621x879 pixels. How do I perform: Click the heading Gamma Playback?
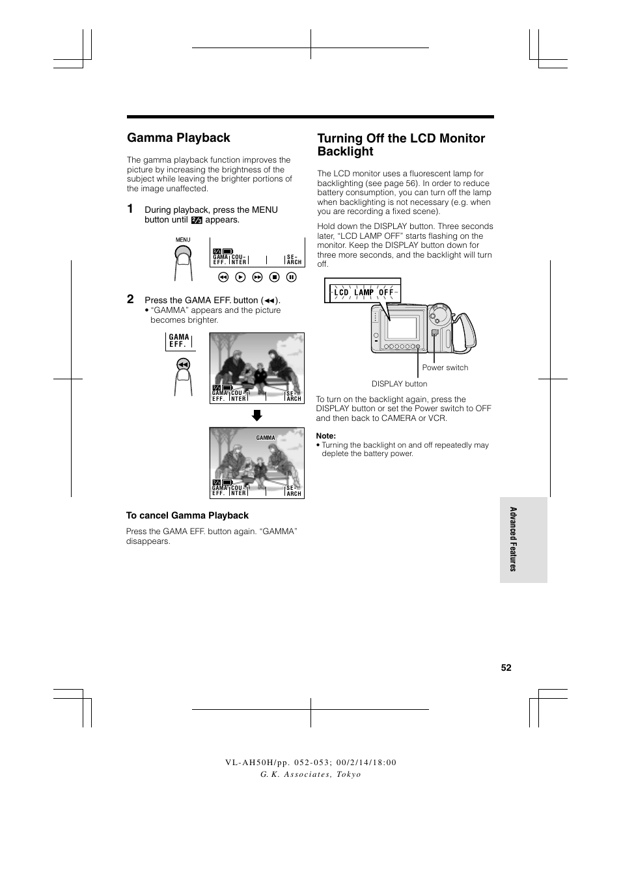[x=178, y=138]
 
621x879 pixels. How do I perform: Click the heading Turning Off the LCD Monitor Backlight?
[x=400, y=144]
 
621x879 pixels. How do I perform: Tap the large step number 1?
[x=130, y=209]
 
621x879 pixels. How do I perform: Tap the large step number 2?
[x=130, y=299]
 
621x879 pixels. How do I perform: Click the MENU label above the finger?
[x=183, y=240]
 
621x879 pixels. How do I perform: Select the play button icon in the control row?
[x=240, y=277]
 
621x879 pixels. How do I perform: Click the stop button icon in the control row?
[x=275, y=277]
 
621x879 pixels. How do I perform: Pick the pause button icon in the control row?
[x=292, y=277]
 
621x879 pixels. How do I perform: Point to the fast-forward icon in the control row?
[x=257, y=277]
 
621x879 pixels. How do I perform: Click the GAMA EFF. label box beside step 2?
[x=179, y=341]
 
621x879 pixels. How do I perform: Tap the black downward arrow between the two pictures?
[x=257, y=415]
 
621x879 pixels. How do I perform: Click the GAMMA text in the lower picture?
[x=266, y=438]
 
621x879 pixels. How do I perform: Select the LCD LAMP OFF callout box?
[x=363, y=292]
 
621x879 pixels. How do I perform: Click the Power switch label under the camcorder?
[x=445, y=368]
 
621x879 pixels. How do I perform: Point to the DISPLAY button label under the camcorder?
[x=399, y=384]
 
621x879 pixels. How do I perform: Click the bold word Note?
[x=326, y=436]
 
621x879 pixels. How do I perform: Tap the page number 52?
[x=506, y=668]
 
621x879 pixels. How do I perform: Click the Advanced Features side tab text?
[x=513, y=539]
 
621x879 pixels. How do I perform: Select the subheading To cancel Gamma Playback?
[x=187, y=515]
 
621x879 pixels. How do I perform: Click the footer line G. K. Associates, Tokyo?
[x=310, y=774]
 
